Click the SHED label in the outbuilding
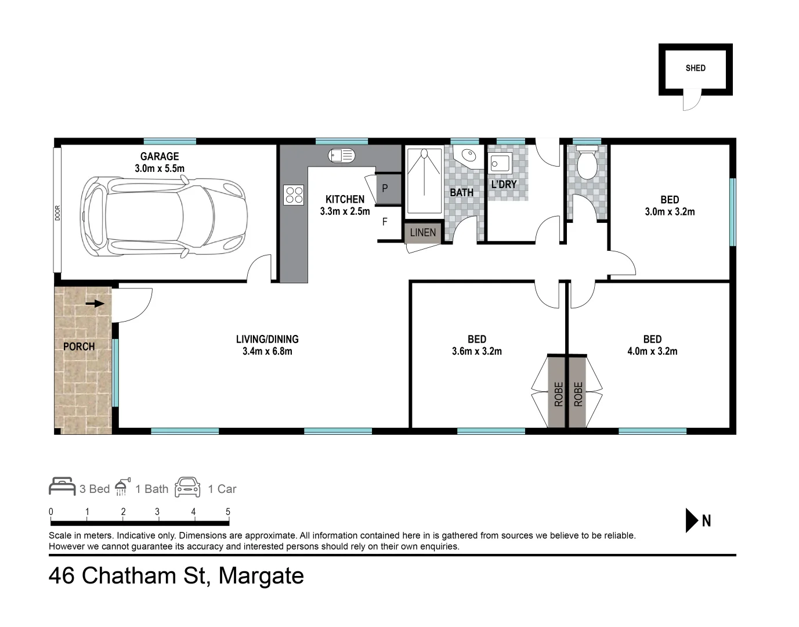[695, 68]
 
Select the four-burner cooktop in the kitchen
[294, 194]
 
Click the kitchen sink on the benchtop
[341, 155]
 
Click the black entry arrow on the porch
[95, 303]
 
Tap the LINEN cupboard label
[422, 232]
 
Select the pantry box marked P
[385, 189]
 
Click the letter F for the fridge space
[385, 222]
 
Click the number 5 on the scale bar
[228, 511]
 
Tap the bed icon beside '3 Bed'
[62, 487]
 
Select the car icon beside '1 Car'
[187, 487]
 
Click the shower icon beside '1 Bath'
[122, 487]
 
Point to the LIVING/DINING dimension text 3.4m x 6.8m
[267, 351]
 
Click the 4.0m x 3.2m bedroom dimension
[652, 351]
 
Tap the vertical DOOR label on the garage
[57, 213]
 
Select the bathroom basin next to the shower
[466, 155]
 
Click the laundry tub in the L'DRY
[500, 163]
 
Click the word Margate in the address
[261, 576]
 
